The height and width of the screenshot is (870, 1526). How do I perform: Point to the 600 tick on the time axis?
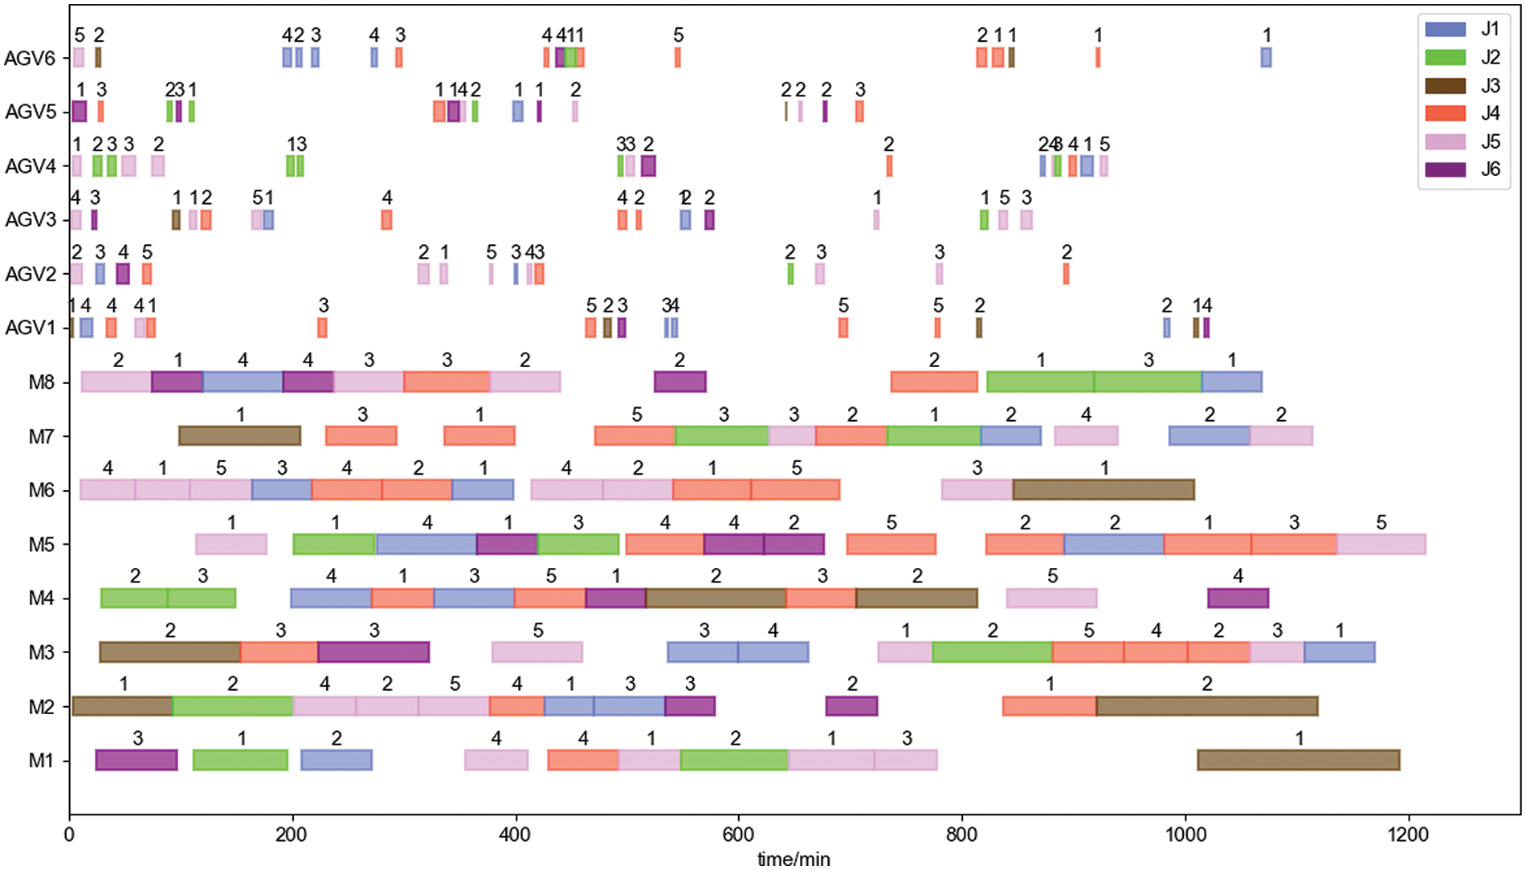pyautogui.click(x=738, y=834)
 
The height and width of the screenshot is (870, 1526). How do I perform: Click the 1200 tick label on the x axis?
pyautogui.click(x=1407, y=834)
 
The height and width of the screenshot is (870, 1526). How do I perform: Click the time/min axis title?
pyautogui.click(x=794, y=859)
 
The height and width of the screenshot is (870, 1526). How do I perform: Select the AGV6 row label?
pyautogui.click(x=30, y=59)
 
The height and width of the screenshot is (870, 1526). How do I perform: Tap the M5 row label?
pyautogui.click(x=41, y=545)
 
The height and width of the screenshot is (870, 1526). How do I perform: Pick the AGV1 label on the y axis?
pyautogui.click(x=30, y=328)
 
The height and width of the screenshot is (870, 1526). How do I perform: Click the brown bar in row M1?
pyautogui.click(x=1298, y=760)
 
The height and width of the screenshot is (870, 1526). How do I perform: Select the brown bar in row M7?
pyautogui.click(x=239, y=435)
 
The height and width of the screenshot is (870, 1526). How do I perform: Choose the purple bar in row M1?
pyautogui.click(x=137, y=760)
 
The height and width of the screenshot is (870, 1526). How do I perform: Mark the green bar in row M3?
pyautogui.click(x=992, y=651)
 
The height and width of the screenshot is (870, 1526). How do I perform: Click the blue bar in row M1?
pyautogui.click(x=336, y=760)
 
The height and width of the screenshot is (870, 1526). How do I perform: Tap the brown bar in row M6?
pyautogui.click(x=1104, y=489)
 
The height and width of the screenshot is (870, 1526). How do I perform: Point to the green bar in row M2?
pyautogui.click(x=232, y=706)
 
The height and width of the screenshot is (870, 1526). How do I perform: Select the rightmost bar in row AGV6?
pyautogui.click(x=1266, y=57)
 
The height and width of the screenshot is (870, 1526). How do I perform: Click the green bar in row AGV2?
pyautogui.click(x=790, y=274)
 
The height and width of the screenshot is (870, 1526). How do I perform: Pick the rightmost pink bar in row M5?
pyautogui.click(x=1381, y=544)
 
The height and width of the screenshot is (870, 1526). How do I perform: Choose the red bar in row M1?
pyautogui.click(x=582, y=760)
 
